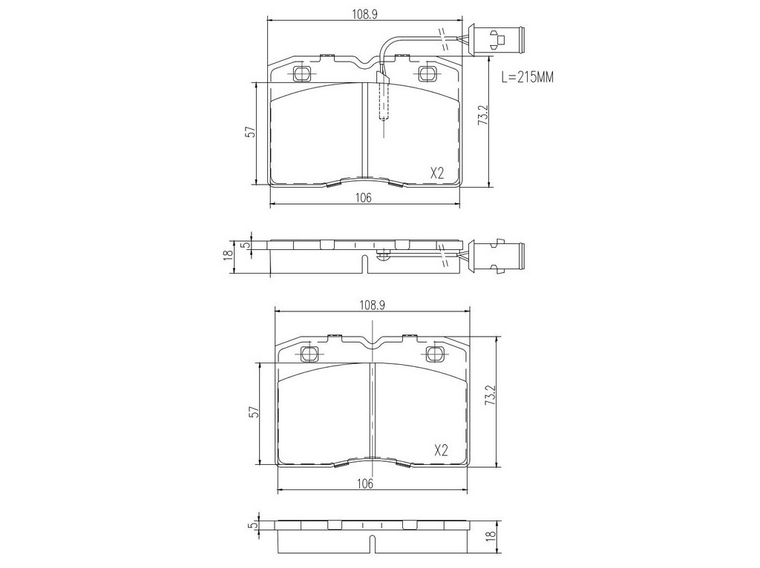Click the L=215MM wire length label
[528, 77]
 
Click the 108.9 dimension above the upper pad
[364, 14]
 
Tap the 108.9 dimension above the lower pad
[372, 305]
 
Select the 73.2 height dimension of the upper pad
[482, 116]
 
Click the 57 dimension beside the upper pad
[249, 132]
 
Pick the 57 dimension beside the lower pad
[255, 412]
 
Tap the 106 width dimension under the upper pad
[364, 197]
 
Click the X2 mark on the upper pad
[437, 173]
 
